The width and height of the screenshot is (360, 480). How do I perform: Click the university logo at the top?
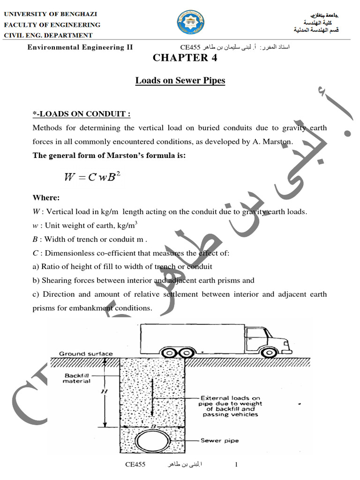[x=190, y=24]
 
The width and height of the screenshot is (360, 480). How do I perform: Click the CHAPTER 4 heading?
[x=180, y=58]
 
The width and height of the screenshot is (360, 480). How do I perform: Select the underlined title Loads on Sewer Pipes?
[x=180, y=81]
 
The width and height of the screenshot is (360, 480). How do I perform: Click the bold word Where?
[x=46, y=198]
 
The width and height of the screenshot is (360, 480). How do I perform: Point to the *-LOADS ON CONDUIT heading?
[x=81, y=114]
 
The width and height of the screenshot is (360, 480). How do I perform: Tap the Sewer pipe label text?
[x=219, y=440]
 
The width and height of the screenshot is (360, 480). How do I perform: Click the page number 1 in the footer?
[x=236, y=465]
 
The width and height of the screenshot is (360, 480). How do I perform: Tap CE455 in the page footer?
[x=135, y=465]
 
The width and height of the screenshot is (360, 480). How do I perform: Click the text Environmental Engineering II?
[x=80, y=47]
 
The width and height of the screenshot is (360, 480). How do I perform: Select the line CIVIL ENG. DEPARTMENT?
[x=49, y=35]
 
